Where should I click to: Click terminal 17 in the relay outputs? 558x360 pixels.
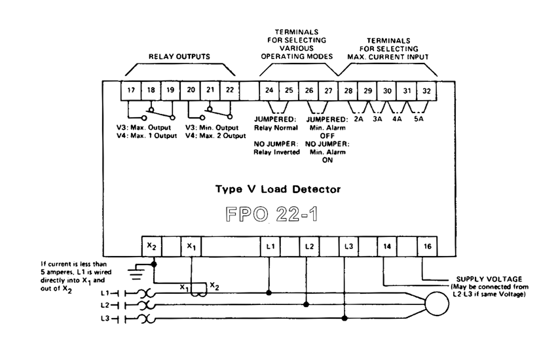(x=131, y=90)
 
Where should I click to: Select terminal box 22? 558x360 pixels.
(x=229, y=90)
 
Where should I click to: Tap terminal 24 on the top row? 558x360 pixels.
(x=268, y=90)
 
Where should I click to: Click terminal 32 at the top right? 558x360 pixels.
(x=427, y=90)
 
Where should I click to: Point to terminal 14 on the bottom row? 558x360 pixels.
(x=387, y=247)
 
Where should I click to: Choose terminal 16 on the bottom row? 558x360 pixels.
(x=427, y=247)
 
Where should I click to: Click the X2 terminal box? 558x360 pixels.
(x=151, y=247)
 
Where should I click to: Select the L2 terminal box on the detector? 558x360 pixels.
(x=308, y=247)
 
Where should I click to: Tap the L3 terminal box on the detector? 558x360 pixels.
(x=348, y=247)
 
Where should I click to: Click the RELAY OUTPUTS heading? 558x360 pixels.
(x=179, y=57)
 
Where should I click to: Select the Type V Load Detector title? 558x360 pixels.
(x=278, y=189)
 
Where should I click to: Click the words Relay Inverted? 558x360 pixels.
(x=276, y=151)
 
